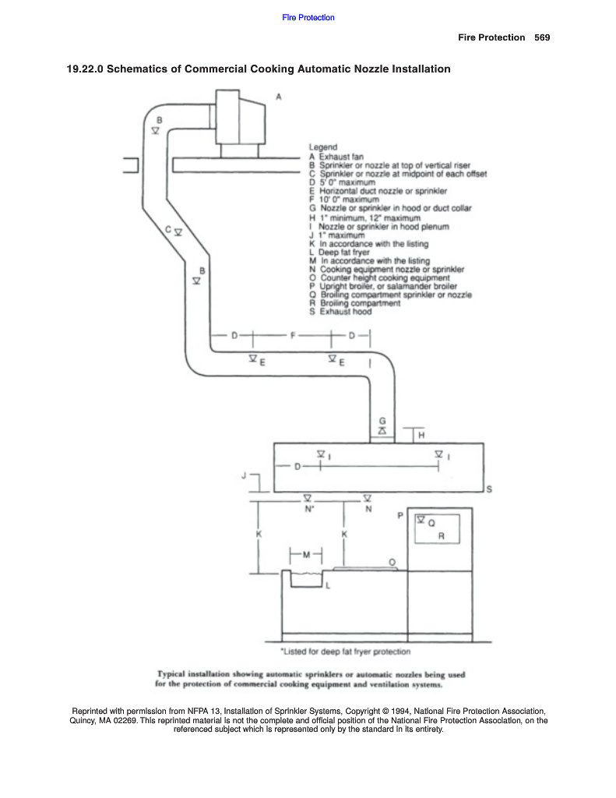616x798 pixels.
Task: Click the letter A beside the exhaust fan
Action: point(278,97)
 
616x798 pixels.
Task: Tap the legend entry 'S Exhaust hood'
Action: point(340,312)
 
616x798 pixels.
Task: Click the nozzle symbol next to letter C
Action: point(178,232)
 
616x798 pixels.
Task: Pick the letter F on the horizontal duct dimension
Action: point(292,336)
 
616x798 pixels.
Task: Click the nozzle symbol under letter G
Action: point(382,431)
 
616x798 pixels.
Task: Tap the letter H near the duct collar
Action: point(421,434)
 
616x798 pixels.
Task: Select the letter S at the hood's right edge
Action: point(488,489)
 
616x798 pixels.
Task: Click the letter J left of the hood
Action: point(245,475)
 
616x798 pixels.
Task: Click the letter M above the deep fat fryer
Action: point(306,555)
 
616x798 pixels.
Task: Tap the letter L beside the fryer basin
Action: point(328,584)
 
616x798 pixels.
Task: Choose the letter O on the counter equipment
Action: point(391,561)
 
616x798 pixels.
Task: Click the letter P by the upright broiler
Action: point(400,516)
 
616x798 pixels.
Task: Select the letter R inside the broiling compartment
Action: point(441,536)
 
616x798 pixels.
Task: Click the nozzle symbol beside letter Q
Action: point(421,519)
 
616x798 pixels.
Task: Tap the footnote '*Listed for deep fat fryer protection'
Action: point(345,651)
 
